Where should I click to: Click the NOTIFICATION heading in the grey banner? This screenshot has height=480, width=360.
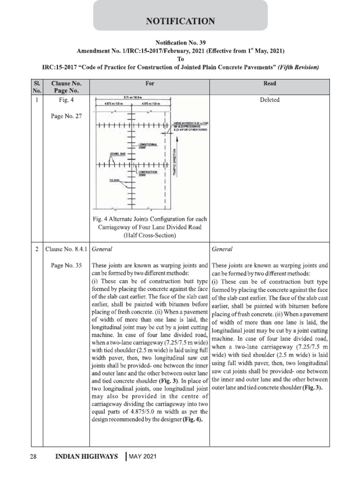pos(180,21)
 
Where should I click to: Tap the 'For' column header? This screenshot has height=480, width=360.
pos(150,84)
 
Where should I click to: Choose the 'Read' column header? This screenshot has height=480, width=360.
pos(270,84)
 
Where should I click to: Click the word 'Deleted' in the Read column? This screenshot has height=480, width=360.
pos(270,100)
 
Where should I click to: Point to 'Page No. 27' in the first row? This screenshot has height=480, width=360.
pos(66,116)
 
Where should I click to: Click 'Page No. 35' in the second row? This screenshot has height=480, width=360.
pos(66,265)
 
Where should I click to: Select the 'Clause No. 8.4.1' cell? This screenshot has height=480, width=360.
pos(66,249)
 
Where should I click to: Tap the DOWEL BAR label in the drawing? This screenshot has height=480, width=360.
pos(116,153)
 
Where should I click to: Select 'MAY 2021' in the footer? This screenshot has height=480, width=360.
pos(143,457)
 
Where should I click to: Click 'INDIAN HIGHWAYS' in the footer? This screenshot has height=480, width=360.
pos(87,457)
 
